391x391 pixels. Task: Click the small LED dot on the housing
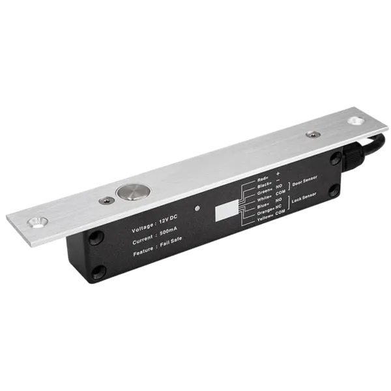(197, 209)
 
